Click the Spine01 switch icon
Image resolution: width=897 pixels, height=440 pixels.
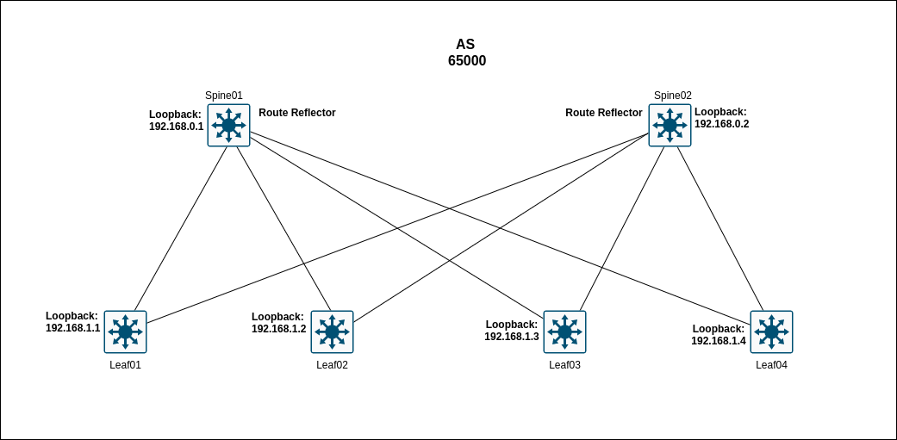tap(228, 126)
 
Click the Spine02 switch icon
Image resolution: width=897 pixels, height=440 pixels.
tap(670, 126)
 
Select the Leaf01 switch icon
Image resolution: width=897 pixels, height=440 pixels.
tap(125, 332)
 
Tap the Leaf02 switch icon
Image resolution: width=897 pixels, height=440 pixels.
tap(332, 332)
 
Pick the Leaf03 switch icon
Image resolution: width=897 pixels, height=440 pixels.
tap(564, 332)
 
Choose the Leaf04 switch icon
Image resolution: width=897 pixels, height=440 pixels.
tap(771, 332)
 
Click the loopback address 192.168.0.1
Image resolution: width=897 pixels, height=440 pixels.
tap(176, 127)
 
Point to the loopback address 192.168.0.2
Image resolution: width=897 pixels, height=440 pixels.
tap(721, 124)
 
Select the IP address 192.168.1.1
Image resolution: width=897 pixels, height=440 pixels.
tap(72, 328)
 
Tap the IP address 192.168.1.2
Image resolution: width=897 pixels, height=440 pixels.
tap(278, 329)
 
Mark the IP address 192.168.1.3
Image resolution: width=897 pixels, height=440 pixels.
tap(511, 337)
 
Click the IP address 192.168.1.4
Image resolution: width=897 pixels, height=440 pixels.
tap(718, 341)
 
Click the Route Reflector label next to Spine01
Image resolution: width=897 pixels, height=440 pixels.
tap(297, 113)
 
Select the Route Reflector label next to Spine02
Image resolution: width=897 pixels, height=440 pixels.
tap(603, 113)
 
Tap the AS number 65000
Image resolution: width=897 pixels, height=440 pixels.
tap(466, 61)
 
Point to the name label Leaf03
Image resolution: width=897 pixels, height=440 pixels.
tap(564, 365)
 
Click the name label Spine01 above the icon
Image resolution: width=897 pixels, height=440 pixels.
tap(223, 96)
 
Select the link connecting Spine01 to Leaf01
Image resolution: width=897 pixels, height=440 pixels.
tap(181, 228)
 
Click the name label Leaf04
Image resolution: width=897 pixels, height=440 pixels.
tap(771, 365)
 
